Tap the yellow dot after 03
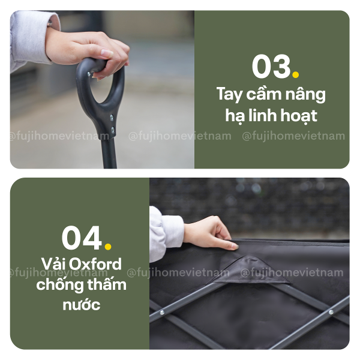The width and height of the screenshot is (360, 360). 295,75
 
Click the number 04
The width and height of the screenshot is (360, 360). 82,238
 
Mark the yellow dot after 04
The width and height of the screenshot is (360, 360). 107,246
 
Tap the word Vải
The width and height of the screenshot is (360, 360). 54,264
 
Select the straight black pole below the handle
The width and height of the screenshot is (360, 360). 109,150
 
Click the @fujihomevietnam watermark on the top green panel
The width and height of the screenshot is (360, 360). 293,136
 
